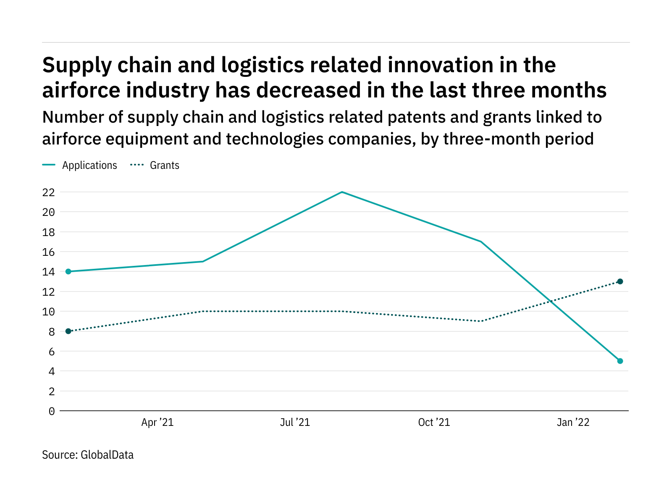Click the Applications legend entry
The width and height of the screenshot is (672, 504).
(x=89, y=165)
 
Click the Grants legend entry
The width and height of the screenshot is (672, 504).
(x=164, y=165)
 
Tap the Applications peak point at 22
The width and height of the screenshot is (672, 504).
(x=342, y=192)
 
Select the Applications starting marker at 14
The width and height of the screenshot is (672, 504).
(x=68, y=272)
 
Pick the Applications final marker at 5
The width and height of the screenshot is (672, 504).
(x=620, y=361)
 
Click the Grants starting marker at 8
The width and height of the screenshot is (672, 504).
(x=68, y=331)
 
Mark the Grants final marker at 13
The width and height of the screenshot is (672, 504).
(x=620, y=281)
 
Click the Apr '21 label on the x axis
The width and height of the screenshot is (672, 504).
(x=157, y=423)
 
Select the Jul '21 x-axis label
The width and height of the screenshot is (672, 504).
(x=295, y=423)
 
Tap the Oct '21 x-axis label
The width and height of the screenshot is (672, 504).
(x=434, y=423)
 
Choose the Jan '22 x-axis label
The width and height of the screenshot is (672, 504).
(x=573, y=423)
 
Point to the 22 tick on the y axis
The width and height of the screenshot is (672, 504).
(x=48, y=192)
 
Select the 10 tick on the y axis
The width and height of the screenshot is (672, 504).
(x=48, y=312)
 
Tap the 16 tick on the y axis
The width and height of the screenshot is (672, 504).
(x=48, y=252)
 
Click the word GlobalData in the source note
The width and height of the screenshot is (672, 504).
(x=107, y=455)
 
